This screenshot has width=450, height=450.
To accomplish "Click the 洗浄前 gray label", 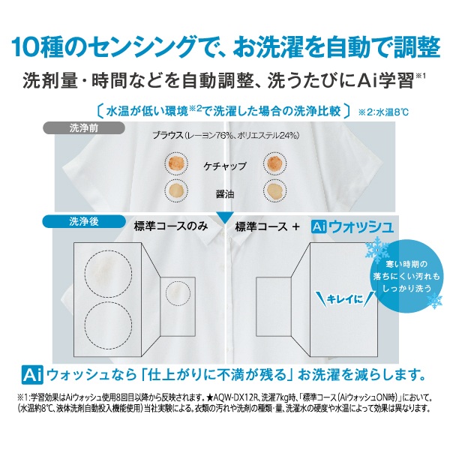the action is click(x=84, y=128).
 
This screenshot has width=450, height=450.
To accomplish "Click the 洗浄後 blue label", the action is click(x=84, y=221).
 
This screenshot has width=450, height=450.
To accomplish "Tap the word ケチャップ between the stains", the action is click(x=225, y=166).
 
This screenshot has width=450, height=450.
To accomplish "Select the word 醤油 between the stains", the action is click(x=225, y=194).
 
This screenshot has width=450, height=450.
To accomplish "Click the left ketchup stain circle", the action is click(x=176, y=163).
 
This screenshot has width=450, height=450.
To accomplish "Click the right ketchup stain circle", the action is click(x=275, y=163).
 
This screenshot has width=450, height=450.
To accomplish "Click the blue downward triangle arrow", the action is click(x=225, y=217).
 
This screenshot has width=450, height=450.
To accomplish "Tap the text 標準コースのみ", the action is click(x=171, y=226).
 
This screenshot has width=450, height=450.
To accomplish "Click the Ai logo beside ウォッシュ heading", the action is click(x=319, y=227).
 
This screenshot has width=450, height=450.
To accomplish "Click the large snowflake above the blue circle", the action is click(x=377, y=248).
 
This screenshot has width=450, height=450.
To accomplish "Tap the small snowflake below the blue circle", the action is click(x=434, y=301).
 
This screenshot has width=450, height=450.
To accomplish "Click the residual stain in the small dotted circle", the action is click(x=175, y=292).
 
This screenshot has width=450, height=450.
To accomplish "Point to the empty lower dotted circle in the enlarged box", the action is click(x=109, y=325).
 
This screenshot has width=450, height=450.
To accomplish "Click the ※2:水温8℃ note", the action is click(x=383, y=112).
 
